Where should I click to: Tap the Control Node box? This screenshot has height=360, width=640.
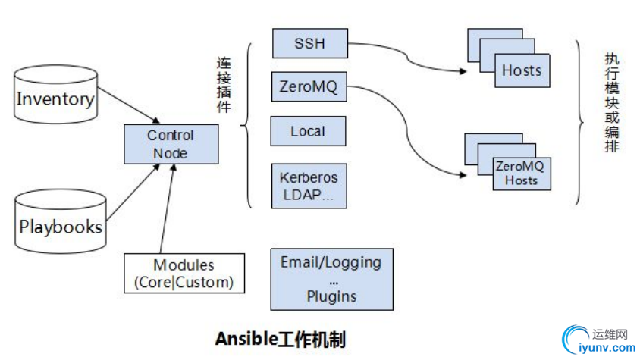[171, 144]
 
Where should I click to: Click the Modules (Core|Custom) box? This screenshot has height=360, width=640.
[184, 274]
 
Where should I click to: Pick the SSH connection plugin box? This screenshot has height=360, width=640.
[309, 43]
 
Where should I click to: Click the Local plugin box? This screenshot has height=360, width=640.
[308, 131]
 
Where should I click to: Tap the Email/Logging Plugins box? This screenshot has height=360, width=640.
[331, 279]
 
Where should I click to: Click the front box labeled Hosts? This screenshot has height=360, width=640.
[522, 70]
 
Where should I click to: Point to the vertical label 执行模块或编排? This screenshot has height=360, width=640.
[611, 102]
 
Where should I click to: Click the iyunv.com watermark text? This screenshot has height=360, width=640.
[606, 348]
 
